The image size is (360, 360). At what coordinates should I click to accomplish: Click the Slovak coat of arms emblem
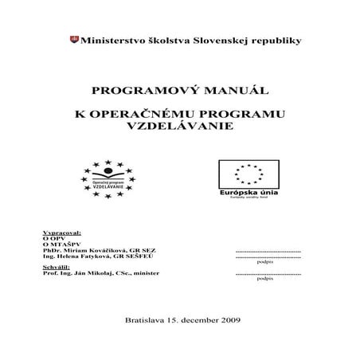pyautogui.click(x=76, y=39)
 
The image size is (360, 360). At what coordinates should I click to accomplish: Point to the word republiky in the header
pyautogui.click(x=278, y=39)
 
